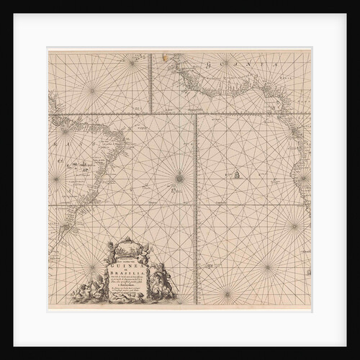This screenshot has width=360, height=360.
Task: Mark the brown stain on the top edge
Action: pyautogui.click(x=167, y=53)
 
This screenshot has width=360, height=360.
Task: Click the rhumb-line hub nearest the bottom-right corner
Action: pyautogui.click(x=268, y=268)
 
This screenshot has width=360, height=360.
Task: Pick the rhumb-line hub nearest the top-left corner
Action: pyautogui.click(x=91, y=90)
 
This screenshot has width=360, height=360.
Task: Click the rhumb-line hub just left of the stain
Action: pyautogui.click(x=132, y=63)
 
